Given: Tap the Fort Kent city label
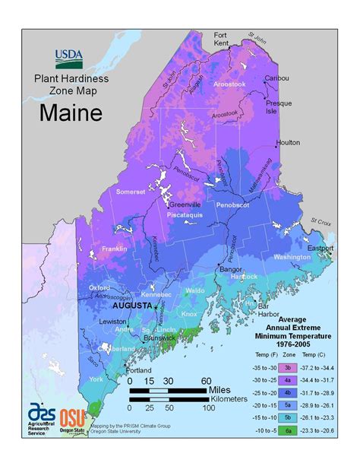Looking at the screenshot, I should [220, 40].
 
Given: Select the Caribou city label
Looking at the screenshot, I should [276, 78].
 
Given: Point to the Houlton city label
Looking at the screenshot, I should [288, 142].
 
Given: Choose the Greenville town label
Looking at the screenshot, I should [185, 204].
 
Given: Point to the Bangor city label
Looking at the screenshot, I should [230, 268].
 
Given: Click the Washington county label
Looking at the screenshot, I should [291, 258].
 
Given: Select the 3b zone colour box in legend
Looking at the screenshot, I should [289, 367].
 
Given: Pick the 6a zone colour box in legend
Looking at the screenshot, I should [289, 430].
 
